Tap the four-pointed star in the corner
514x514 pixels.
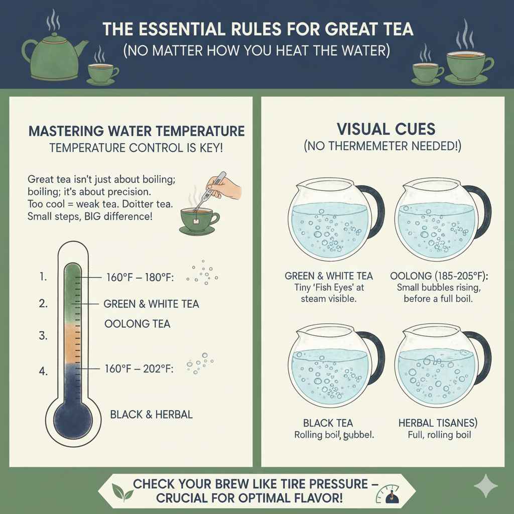tap(486, 486)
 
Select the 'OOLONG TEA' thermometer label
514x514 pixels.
tap(137, 324)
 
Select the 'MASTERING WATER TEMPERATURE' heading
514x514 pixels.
tap(137, 132)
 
